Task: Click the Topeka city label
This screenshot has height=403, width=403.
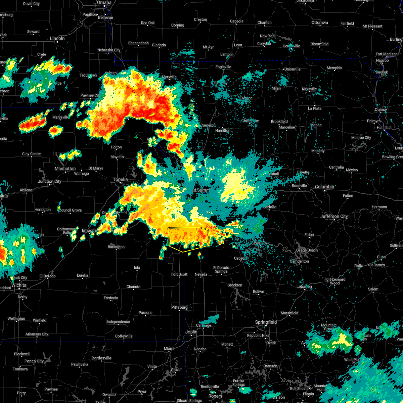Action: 120,180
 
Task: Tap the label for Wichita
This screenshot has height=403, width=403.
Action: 19,285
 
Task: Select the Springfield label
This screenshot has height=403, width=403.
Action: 266,322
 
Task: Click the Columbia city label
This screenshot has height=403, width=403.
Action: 324,187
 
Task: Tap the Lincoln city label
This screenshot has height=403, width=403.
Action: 57,38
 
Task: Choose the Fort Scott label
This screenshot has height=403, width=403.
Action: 179,274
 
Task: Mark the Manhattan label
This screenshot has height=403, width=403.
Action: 65,169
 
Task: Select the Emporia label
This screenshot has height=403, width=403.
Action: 89,230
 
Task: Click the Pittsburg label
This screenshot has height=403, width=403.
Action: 179,307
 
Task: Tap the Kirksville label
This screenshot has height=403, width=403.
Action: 309,89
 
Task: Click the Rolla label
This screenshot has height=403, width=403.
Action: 359,266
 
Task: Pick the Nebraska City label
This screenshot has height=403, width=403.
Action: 109,50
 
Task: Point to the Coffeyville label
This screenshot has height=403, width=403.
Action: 124,336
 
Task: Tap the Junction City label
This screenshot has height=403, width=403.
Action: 50,181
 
